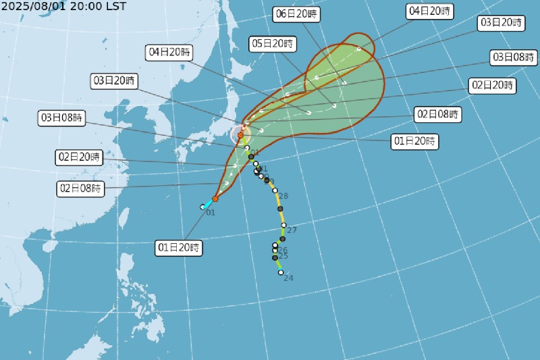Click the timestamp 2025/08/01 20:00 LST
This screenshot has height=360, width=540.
click(x=63, y=6)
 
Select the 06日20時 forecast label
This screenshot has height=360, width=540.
click(x=297, y=14)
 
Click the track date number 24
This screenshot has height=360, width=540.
click(x=289, y=278)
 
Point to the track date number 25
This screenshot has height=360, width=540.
click(x=283, y=256)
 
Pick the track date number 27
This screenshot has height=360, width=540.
click(x=292, y=230)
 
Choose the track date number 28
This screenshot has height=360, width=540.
click(x=283, y=196)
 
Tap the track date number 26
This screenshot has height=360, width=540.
click(x=283, y=250)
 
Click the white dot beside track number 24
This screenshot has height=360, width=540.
click(x=281, y=272)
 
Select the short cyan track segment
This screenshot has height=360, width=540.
click(x=209, y=203)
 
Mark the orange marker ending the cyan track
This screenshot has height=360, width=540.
click(x=215, y=199)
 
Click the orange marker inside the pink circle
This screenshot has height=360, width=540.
click(x=240, y=135)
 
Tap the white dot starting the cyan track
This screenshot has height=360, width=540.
click(x=202, y=207)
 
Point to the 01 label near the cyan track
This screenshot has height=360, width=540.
click(x=210, y=213)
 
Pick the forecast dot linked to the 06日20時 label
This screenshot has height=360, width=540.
click(x=344, y=82)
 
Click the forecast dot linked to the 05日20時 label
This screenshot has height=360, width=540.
click(x=333, y=106)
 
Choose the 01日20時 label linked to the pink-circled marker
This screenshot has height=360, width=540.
click(x=414, y=142)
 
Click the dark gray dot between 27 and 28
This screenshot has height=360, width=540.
click(x=280, y=209)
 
